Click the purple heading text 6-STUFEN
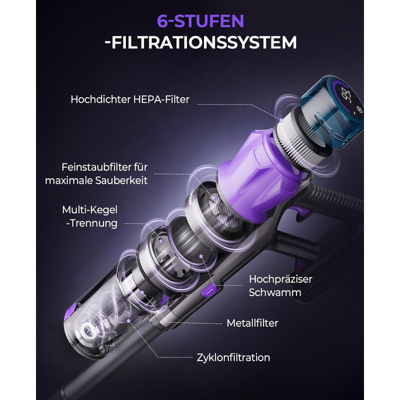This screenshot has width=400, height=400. coord(201,21)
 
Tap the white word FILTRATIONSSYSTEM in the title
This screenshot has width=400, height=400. coord(204,42)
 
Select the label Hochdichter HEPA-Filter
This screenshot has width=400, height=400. coord(130,99)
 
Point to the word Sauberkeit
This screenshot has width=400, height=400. coord(121,181)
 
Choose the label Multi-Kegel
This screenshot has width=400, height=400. coord(90,210)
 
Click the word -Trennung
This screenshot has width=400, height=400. coord(92,223)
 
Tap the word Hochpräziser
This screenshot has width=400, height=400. coord(281,279)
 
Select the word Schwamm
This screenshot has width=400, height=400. coord(275,293)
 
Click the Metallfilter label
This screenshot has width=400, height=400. coord(253,323)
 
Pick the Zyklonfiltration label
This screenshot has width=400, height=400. coord(233,357)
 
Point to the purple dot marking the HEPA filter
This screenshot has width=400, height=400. coord(281,120)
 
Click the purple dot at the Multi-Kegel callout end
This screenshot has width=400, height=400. coord(161,240)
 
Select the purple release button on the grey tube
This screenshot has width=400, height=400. coord(209,290)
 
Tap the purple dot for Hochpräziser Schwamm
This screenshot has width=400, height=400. coord(201,256)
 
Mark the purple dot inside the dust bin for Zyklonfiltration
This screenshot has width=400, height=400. coord(129,321)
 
